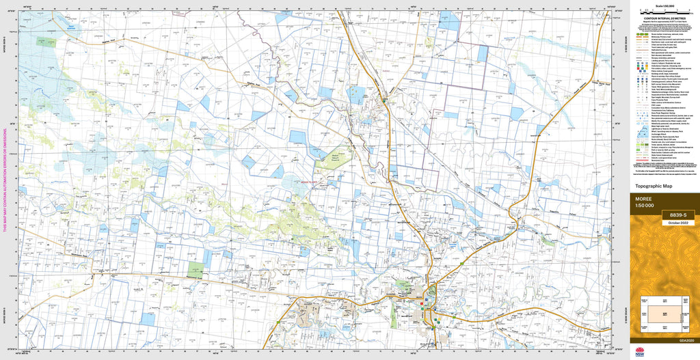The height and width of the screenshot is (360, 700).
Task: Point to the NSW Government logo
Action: pyautogui.click(x=639, y=351)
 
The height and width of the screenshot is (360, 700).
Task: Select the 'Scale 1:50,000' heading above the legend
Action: pyautogui.click(x=664, y=4)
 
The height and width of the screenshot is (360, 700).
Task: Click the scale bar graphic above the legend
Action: pyautogui.click(x=664, y=11)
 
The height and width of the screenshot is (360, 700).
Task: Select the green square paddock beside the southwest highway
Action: pyautogui.click(x=196, y=268)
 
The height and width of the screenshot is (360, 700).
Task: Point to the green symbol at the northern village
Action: pyautogui.click(x=385, y=100)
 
